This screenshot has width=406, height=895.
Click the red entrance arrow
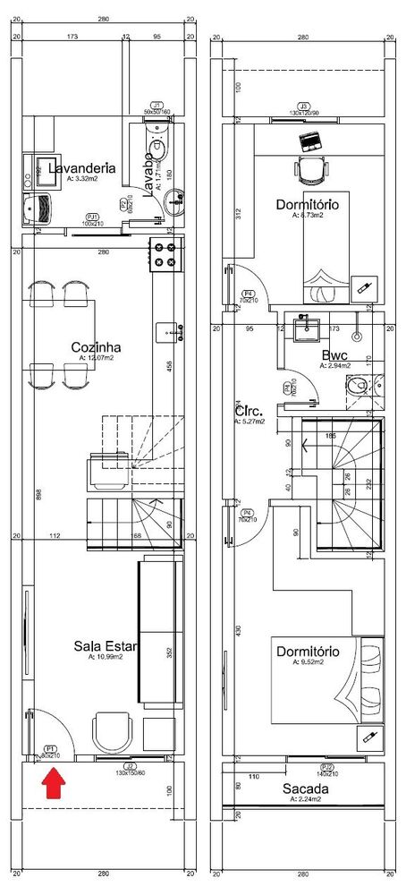pyautogui.click(x=55, y=785)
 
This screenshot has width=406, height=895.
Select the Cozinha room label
pyautogui.click(x=96, y=347)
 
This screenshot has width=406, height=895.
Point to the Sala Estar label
pyautogui.click(x=98, y=646)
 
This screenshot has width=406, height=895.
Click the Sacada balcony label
pyautogui.click(x=306, y=788)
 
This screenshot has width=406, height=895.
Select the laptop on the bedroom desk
pyautogui.click(x=309, y=141)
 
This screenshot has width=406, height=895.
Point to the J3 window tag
pyautogui.click(x=304, y=106)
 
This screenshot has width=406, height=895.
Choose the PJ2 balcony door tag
pyautogui.click(x=327, y=767)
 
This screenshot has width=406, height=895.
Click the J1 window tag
pyautogui.click(x=156, y=106)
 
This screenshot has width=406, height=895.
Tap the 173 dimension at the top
pyautogui.click(x=72, y=37)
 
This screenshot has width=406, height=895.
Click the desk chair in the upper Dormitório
pyautogui.click(x=309, y=169)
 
